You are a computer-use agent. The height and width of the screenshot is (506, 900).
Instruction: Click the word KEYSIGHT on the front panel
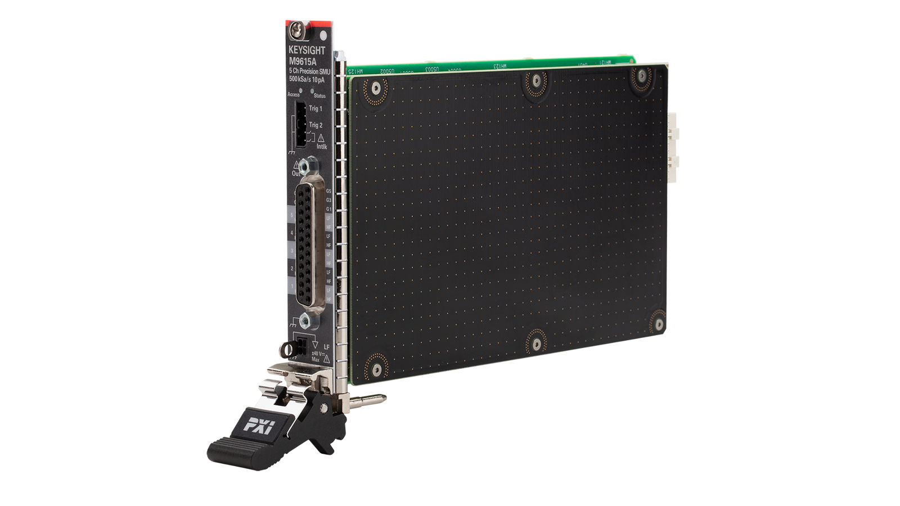[x=307, y=51]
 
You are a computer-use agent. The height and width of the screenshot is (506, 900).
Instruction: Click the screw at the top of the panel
[x=296, y=26]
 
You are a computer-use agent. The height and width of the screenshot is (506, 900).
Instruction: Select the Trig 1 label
[x=316, y=109]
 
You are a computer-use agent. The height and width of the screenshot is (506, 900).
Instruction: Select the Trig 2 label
[x=316, y=125]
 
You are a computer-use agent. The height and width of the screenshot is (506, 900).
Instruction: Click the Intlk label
[x=321, y=146]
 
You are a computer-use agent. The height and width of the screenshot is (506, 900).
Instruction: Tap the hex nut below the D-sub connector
[x=304, y=321]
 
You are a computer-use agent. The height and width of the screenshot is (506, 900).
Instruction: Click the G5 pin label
[x=328, y=191]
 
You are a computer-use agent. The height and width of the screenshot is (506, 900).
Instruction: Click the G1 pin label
[x=328, y=209]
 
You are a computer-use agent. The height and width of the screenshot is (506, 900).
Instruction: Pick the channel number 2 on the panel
[x=292, y=269]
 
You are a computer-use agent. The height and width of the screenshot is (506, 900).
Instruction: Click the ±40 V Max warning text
[x=317, y=356]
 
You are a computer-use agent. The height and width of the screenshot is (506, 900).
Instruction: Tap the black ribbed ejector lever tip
[x=231, y=450]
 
